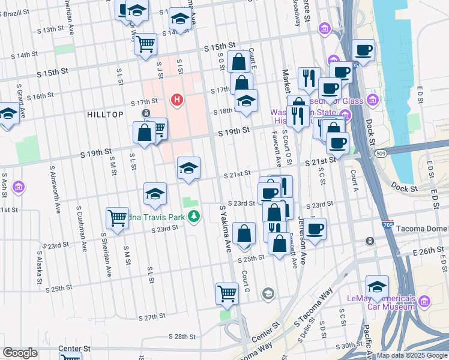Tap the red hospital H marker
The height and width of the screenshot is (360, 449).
coord(176,99)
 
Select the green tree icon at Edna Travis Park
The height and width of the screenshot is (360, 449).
coord(193,216)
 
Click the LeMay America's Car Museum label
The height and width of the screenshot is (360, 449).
coord(381,302)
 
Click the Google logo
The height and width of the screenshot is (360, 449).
coord(20,353)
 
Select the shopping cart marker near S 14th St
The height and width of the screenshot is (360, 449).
coord(145,44)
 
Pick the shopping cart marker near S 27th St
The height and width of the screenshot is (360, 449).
coord(227,293)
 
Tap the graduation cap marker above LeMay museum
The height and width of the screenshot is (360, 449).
coord(377,286)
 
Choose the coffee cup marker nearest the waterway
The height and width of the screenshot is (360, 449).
coord(363,50)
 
